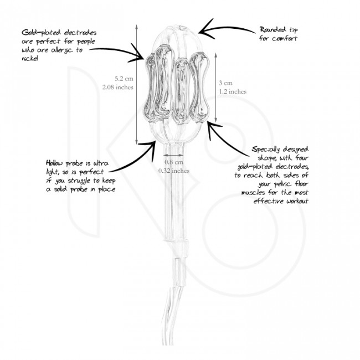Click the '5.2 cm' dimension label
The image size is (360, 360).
(x=124, y=79)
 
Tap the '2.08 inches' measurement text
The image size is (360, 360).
(x=118, y=88)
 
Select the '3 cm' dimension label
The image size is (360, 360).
(x=225, y=83)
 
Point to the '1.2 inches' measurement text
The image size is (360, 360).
(x=233, y=91)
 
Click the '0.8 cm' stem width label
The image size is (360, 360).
(x=174, y=162)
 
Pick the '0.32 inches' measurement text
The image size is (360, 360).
(x=174, y=171)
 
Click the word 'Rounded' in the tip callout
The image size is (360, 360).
(x=273, y=30)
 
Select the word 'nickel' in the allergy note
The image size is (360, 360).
(x=30, y=59)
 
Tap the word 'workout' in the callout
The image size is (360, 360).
(x=297, y=201)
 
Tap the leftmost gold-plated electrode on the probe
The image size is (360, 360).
(x=150, y=86)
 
